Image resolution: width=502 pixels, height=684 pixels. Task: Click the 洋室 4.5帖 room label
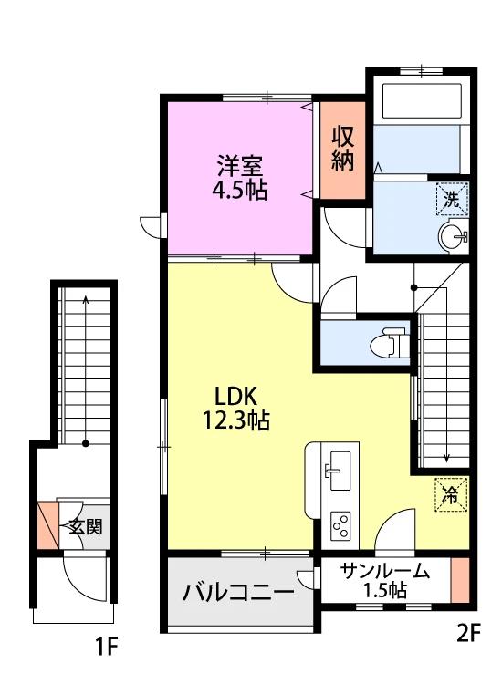(240, 177)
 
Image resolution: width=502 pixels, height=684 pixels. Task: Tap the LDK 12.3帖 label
(235, 408)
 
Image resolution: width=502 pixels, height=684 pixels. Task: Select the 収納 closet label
(342, 149)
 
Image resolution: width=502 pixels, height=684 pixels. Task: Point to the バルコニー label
(238, 592)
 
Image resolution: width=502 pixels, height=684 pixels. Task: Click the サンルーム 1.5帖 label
(385, 580)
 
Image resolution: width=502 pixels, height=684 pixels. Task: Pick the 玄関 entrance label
(86, 527)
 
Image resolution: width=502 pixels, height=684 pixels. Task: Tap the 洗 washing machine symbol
(452, 200)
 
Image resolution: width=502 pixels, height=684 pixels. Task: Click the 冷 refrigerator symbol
(451, 494)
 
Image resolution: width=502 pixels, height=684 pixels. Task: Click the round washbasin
(452, 237)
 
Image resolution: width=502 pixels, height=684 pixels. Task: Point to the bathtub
(422, 101)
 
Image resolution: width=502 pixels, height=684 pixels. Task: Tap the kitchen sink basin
(340, 471)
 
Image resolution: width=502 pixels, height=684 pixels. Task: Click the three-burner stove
(340, 525)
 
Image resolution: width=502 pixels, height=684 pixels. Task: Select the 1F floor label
(107, 646)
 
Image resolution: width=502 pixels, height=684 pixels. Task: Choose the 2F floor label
(468, 633)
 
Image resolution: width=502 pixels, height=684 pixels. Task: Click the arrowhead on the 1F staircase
(86, 299)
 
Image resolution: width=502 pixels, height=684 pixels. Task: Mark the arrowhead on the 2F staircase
(446, 458)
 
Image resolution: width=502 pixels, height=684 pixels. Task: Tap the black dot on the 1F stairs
(86, 443)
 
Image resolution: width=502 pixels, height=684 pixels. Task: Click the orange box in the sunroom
(460, 580)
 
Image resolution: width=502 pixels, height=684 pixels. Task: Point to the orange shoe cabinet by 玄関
(48, 525)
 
